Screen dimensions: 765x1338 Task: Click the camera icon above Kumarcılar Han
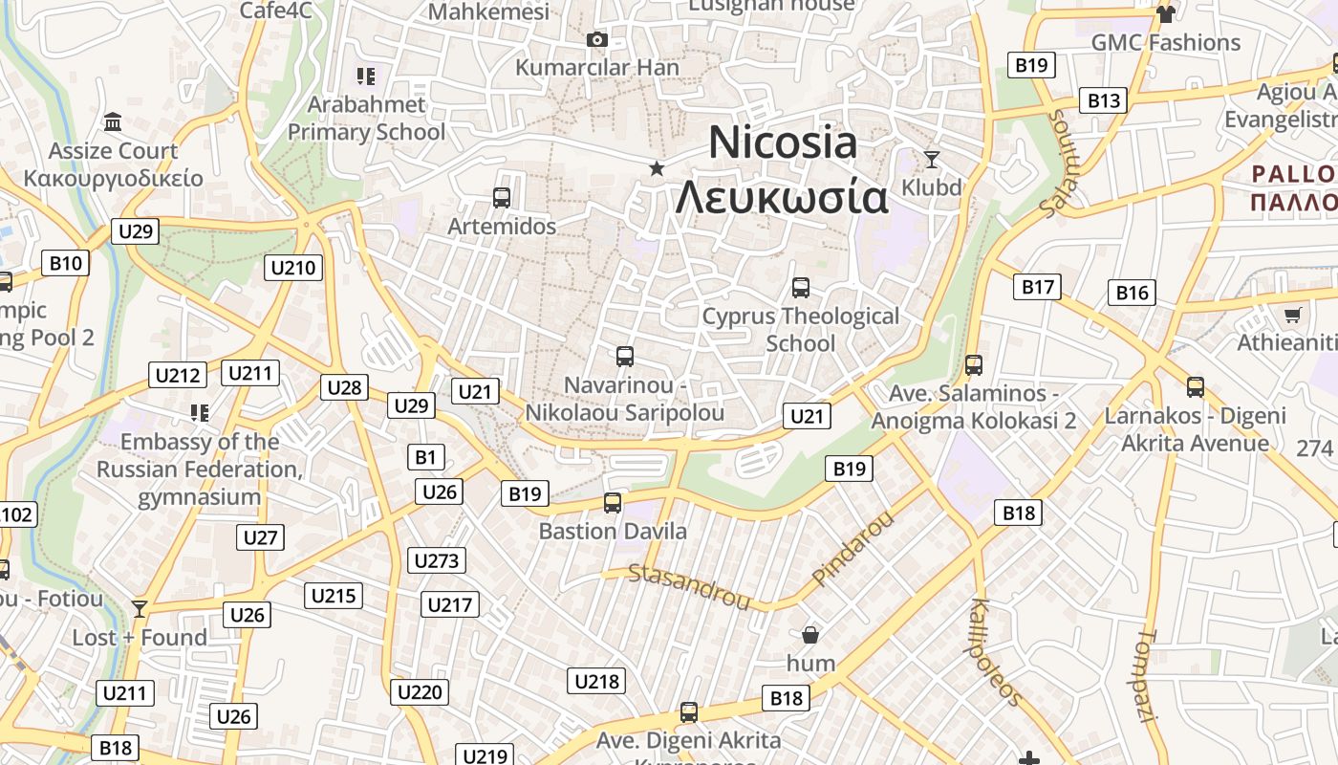point(597,39)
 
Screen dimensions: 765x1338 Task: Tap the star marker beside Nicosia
point(657,169)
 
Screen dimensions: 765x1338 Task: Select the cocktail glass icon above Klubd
point(932,159)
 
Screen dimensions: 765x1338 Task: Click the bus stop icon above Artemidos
point(502,198)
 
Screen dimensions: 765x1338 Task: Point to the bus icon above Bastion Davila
point(613,502)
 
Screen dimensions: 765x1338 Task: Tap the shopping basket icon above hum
point(810,634)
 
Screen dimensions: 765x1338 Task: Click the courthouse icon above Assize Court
point(113,122)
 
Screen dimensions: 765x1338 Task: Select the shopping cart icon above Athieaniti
point(1292,315)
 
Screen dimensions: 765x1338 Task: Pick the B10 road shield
point(65,263)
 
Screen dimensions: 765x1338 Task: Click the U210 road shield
point(293,268)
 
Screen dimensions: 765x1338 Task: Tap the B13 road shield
point(1103,100)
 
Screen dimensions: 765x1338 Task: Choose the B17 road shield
point(1037,287)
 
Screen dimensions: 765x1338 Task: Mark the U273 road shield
point(437,560)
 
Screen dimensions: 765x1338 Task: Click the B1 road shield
point(425,457)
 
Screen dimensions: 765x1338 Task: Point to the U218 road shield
point(596,681)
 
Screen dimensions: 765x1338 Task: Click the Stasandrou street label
point(689,585)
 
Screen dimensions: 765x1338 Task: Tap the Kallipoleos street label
point(996,650)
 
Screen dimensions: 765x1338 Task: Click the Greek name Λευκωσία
point(782,197)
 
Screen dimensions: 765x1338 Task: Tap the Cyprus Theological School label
point(801,329)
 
